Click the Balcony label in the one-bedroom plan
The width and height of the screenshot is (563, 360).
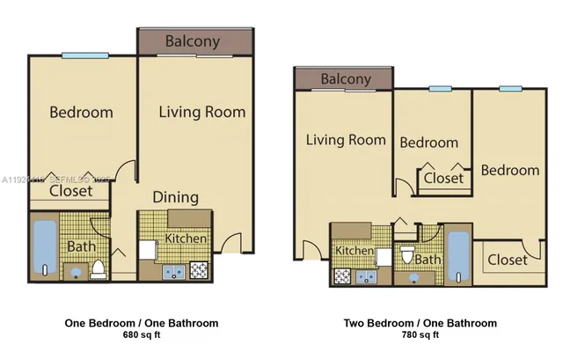(193, 41)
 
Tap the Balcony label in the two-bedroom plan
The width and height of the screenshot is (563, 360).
(346, 79)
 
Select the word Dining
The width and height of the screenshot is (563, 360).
(176, 197)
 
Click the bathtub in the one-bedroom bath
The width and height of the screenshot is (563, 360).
(44, 246)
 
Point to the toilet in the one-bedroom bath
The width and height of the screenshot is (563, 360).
(98, 268)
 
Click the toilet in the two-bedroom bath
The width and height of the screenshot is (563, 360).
(406, 255)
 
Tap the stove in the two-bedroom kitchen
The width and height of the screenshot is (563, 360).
(340, 275)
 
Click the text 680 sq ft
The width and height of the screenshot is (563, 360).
(142, 335)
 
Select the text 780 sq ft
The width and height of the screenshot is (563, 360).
(420, 335)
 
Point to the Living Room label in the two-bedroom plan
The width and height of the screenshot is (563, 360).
(346, 139)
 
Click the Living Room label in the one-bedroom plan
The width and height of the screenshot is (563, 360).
(201, 112)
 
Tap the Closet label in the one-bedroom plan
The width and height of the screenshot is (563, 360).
(70, 190)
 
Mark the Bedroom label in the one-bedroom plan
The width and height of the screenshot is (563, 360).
(81, 112)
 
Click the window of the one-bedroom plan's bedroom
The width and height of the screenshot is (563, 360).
(84, 56)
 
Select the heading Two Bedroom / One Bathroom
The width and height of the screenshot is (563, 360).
(420, 323)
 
